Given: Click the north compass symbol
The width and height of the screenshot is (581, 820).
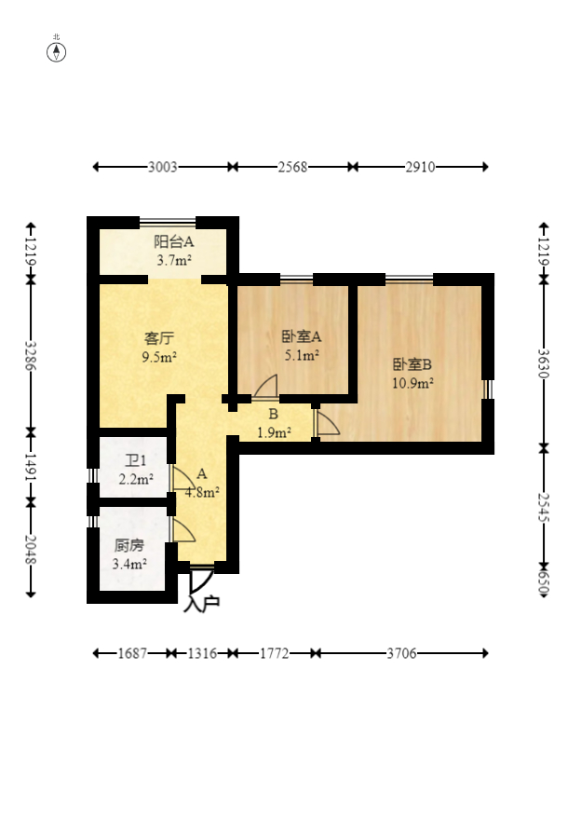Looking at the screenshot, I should coord(57,51).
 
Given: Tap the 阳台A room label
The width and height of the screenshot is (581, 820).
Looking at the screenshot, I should coord(173,242).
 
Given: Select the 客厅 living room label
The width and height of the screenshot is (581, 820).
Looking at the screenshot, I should coord(159,337).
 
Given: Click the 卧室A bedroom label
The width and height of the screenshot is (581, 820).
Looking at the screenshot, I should coord(301,336).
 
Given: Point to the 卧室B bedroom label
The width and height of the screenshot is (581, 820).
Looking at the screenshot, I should coord(412,364).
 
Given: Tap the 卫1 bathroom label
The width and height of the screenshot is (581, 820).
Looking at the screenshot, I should coord(136,461).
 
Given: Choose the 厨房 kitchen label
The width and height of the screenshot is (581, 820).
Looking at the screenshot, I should coord(129,547).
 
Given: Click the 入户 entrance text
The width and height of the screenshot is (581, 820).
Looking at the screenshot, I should coord(202,604).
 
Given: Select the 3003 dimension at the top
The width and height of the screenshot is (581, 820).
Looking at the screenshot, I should coord(163,167).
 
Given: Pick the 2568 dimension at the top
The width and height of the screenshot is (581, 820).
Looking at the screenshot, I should coord(292,167).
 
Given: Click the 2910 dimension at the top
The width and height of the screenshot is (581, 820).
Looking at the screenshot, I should coord(420,167).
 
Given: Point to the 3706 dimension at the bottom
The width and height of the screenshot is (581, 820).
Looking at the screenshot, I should coord(401,654).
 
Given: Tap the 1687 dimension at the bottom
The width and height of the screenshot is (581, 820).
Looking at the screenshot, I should coord(132,654).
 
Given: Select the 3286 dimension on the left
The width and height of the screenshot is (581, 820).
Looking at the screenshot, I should coord(31,355).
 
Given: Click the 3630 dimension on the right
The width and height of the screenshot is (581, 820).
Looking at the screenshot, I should coord(544,361).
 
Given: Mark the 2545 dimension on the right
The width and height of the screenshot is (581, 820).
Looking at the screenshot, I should coord(544,503).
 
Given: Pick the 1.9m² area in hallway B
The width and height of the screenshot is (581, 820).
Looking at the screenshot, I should coord(274,431).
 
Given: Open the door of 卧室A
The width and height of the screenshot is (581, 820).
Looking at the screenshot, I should coord(265,389).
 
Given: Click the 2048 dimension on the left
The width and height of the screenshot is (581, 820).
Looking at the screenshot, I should coord(31,550).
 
